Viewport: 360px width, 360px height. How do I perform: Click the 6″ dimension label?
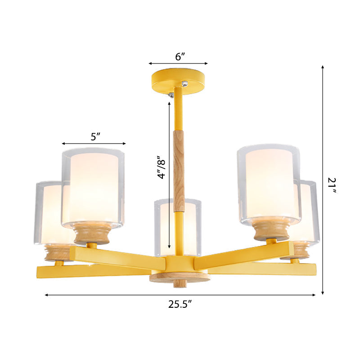click(180, 57)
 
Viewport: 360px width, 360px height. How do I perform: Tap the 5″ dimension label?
click(95, 137)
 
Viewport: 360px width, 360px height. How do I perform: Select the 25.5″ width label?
click(180, 304)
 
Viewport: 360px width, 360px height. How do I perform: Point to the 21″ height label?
click(332, 185)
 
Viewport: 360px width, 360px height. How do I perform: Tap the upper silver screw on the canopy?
click(184, 84)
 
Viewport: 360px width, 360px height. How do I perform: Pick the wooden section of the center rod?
click(179, 171)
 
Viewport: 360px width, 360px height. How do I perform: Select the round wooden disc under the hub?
click(180, 278)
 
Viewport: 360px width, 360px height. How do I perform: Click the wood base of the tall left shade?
click(93, 234)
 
